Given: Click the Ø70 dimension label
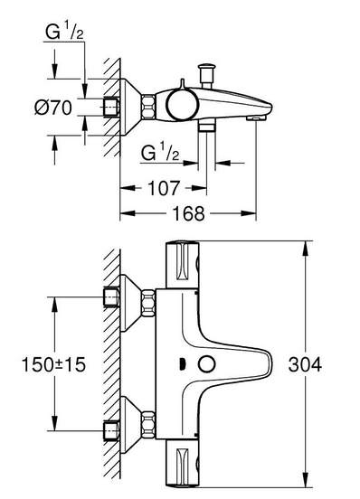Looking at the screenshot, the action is click(53, 108).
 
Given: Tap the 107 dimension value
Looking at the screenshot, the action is click(164, 188).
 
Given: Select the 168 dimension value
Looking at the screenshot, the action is click(189, 213).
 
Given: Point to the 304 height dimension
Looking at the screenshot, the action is click(305, 364).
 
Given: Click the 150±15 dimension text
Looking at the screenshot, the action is click(53, 364).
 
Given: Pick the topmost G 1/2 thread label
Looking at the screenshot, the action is click(64, 33).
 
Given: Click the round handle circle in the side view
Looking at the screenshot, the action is click(182, 105).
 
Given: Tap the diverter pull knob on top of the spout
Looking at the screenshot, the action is click(206, 75).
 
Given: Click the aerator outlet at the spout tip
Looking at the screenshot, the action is click(256, 118).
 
